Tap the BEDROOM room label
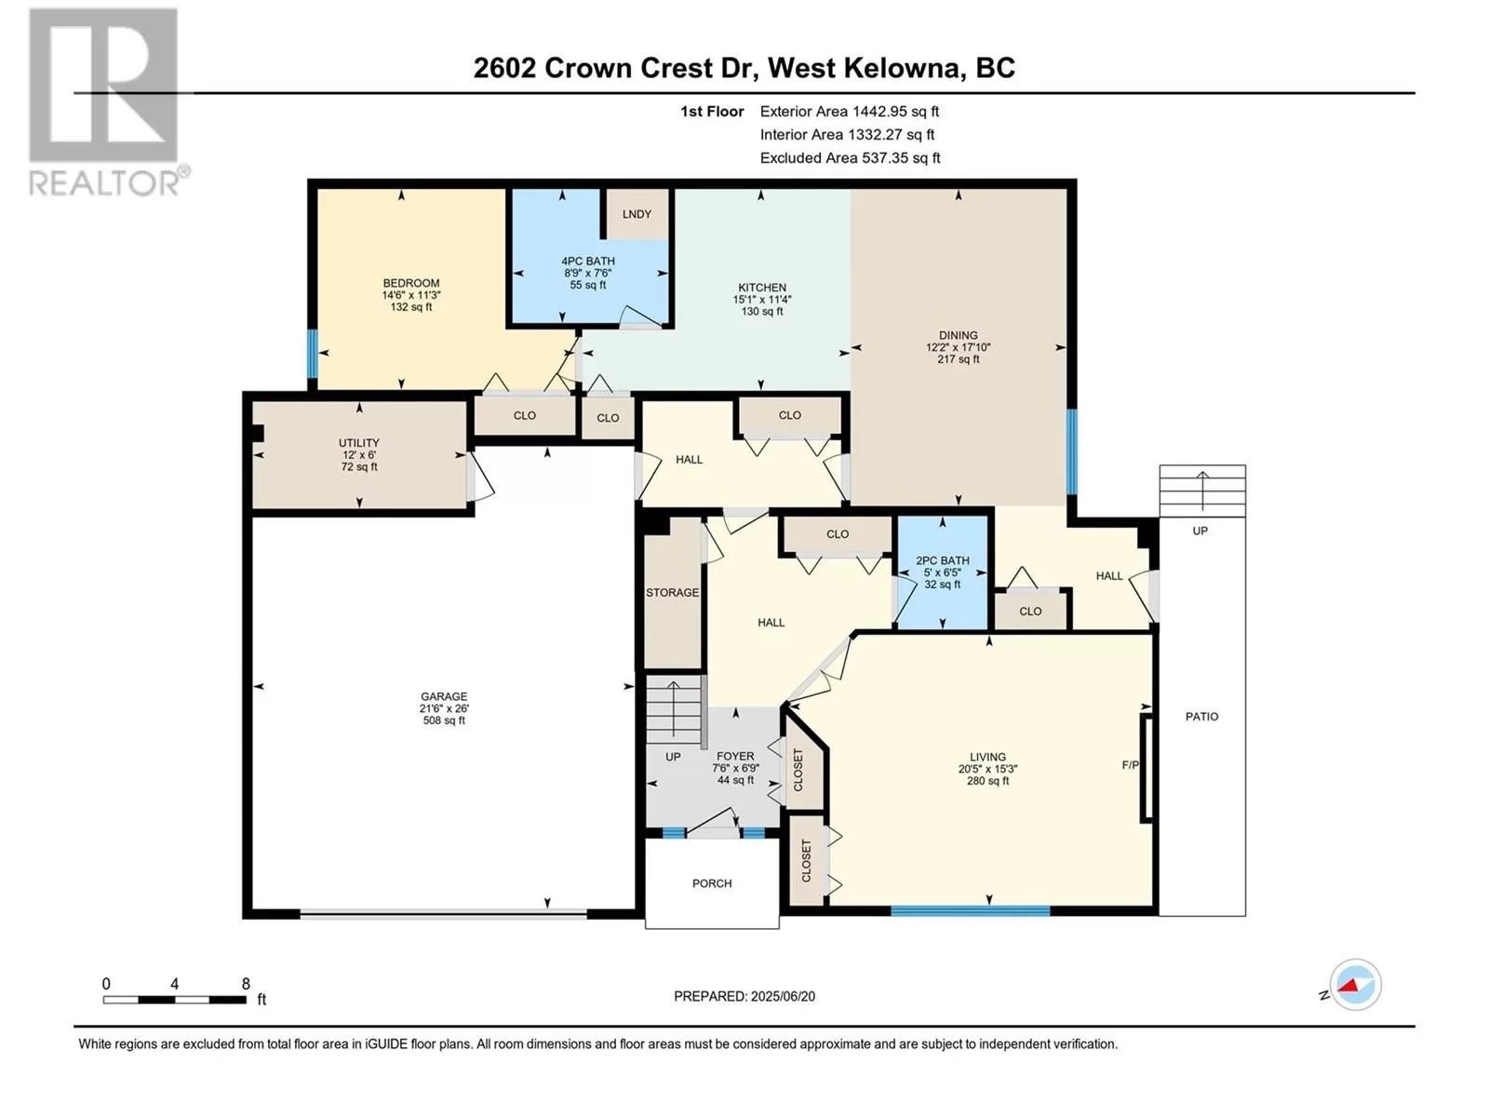411,283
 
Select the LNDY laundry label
637,214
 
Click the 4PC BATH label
587,262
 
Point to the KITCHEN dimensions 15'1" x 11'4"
762,299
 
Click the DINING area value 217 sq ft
958,359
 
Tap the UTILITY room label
359,443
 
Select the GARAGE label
444,696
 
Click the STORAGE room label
672,593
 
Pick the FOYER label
735,756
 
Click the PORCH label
712,883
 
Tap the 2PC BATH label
942,561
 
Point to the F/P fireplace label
1130,765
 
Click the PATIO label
1201,716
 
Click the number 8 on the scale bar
246,983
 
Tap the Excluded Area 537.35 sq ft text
850,158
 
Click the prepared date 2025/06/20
783,996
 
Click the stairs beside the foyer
674,709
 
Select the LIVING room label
987,757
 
